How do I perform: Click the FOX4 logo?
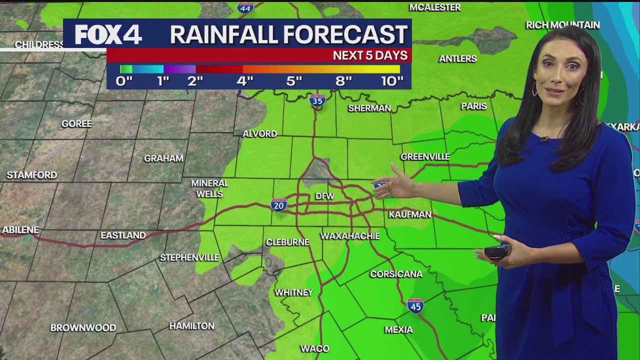(108, 34)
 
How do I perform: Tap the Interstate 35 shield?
(317, 100)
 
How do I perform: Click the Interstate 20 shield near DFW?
(278, 204)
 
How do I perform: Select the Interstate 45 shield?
(415, 305)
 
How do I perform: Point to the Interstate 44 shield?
(245, 7)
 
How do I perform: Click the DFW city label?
(324, 196)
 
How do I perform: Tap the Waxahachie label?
(350, 236)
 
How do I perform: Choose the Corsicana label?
(396, 274)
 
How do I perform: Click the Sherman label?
(369, 108)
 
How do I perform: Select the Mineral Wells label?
(209, 188)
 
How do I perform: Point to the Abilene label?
(20, 230)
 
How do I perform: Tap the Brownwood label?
(83, 328)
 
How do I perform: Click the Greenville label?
(425, 157)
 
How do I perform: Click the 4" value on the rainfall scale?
(244, 81)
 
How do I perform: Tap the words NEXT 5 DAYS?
(370, 55)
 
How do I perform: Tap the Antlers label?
(457, 59)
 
